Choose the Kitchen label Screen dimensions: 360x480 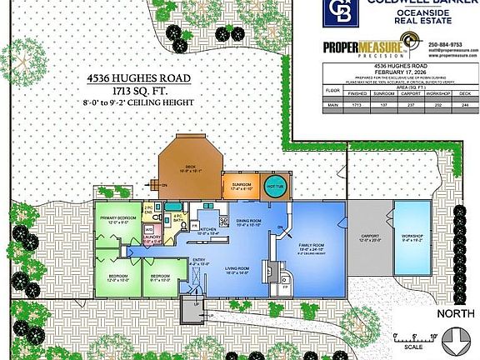coord(207,232)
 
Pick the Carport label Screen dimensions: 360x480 coord(367,237)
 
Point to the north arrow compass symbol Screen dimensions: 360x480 coord(456,339)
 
